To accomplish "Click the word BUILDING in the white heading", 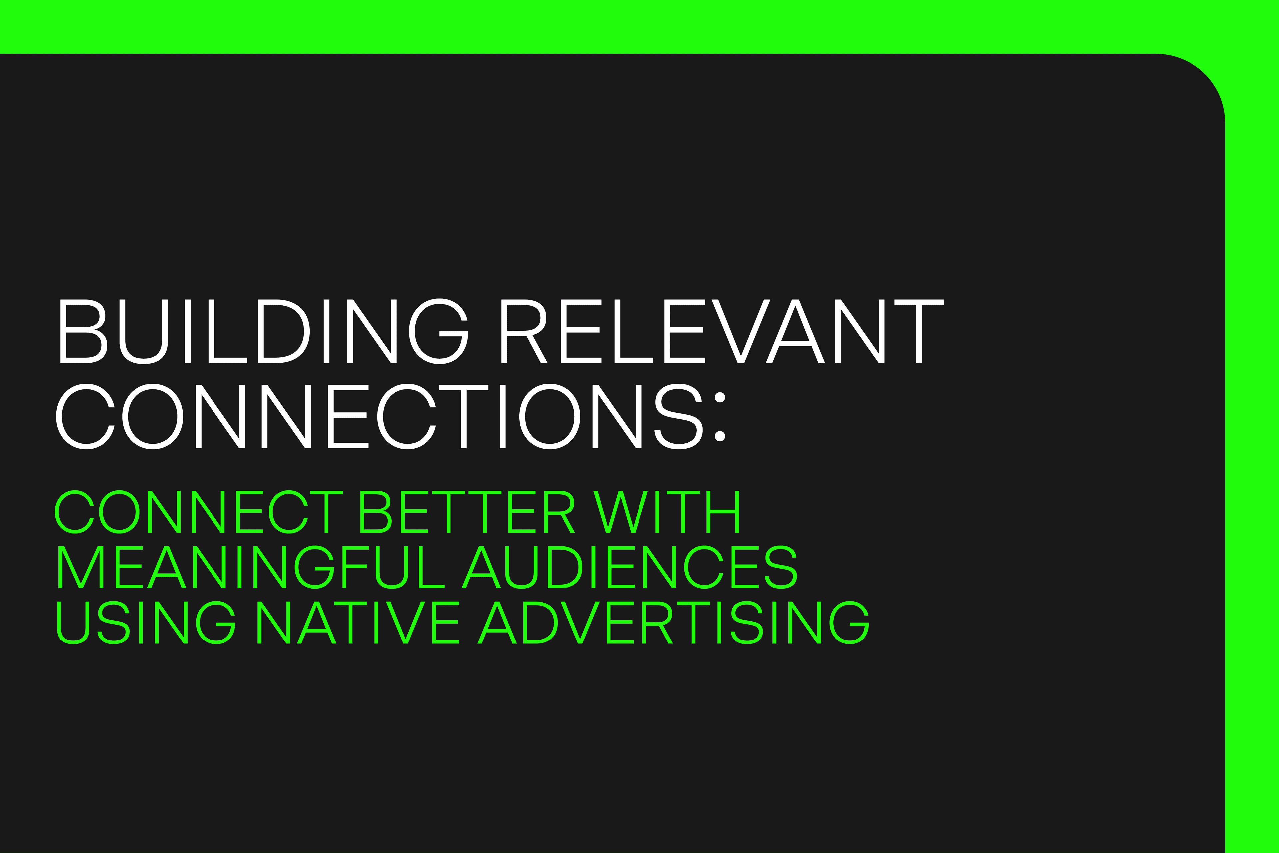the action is click(264, 331).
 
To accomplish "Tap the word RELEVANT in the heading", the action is click(722, 331).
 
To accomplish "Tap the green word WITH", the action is click(666, 512).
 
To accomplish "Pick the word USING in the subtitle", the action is click(146, 623).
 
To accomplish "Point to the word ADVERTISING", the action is click(673, 623).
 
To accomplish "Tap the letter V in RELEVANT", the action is click(741, 331).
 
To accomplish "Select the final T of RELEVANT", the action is click(919, 331).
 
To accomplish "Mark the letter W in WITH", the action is click(620, 512).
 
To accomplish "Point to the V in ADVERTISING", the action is click(580, 623).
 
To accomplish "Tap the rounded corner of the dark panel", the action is click(1204, 75).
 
